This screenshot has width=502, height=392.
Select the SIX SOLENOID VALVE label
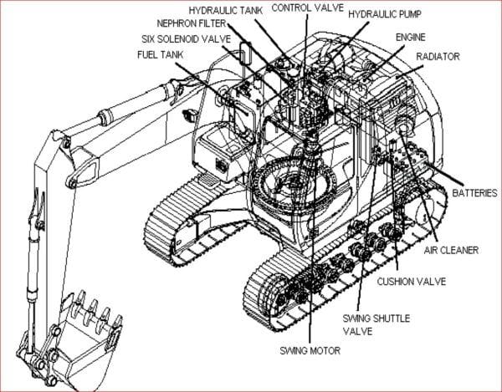[185, 39]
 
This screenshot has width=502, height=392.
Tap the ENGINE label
[409, 38]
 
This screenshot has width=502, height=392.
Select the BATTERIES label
[475, 193]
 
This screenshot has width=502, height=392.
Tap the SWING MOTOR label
[310, 350]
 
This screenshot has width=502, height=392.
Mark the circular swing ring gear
[289, 181]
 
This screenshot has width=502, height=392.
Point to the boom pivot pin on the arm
[74, 181]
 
